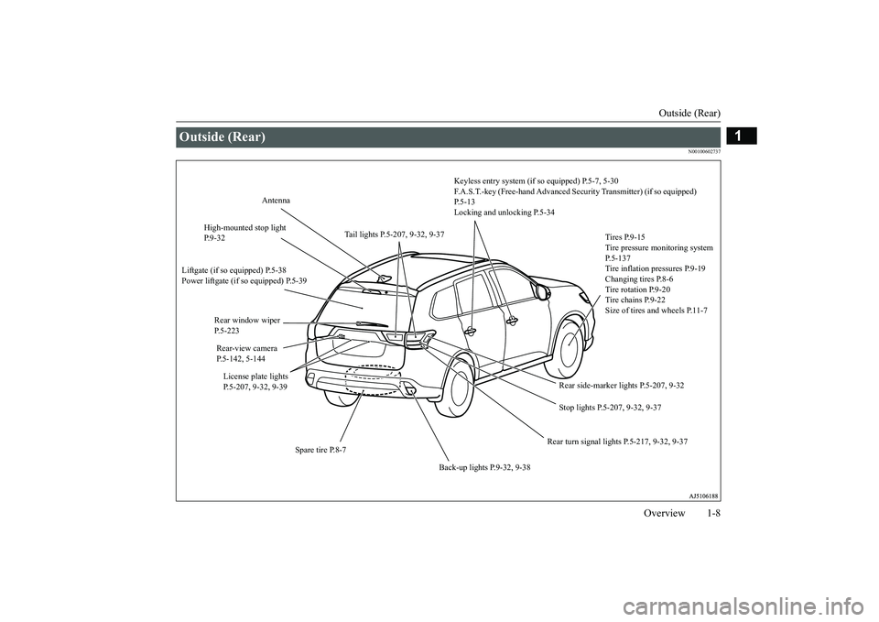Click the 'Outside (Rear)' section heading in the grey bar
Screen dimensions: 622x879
point(223,136)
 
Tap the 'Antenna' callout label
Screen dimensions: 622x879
point(276,201)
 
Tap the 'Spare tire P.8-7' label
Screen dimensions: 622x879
point(320,450)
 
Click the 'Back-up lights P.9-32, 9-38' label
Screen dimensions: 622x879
point(484,467)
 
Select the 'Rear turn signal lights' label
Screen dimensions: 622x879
point(617,442)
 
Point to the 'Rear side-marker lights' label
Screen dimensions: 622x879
point(622,386)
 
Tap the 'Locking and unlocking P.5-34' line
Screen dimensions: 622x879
point(504,213)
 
